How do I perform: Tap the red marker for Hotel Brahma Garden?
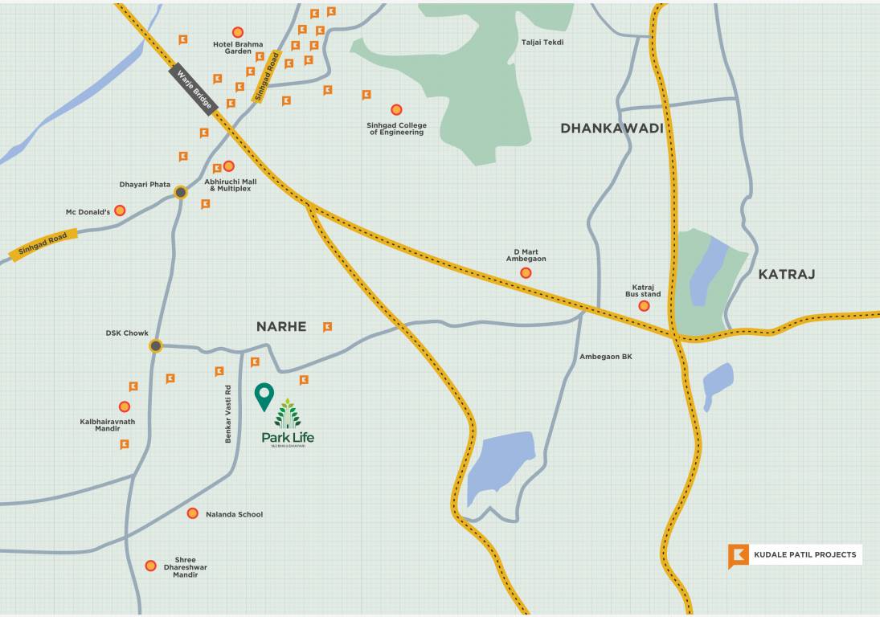[238, 32]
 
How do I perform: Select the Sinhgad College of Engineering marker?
[396, 109]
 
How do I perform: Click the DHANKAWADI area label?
[612, 129]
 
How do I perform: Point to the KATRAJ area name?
[786, 274]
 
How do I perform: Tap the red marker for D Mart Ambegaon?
[526, 273]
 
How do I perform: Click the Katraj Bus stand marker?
[644, 306]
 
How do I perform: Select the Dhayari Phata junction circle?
[181, 192]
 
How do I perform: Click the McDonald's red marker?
[120, 210]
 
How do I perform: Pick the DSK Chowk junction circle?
[156, 346]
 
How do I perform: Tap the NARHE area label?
[281, 326]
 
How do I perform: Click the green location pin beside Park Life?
[264, 395]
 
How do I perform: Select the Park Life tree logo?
[288, 414]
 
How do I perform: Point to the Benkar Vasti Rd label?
[228, 415]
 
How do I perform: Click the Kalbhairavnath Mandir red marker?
[125, 407]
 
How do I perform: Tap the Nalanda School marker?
[193, 513]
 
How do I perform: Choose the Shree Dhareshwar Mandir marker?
[150, 566]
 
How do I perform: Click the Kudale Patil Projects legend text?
[804, 554]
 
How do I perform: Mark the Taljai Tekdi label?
[542, 42]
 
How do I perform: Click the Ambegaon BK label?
[606, 356]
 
